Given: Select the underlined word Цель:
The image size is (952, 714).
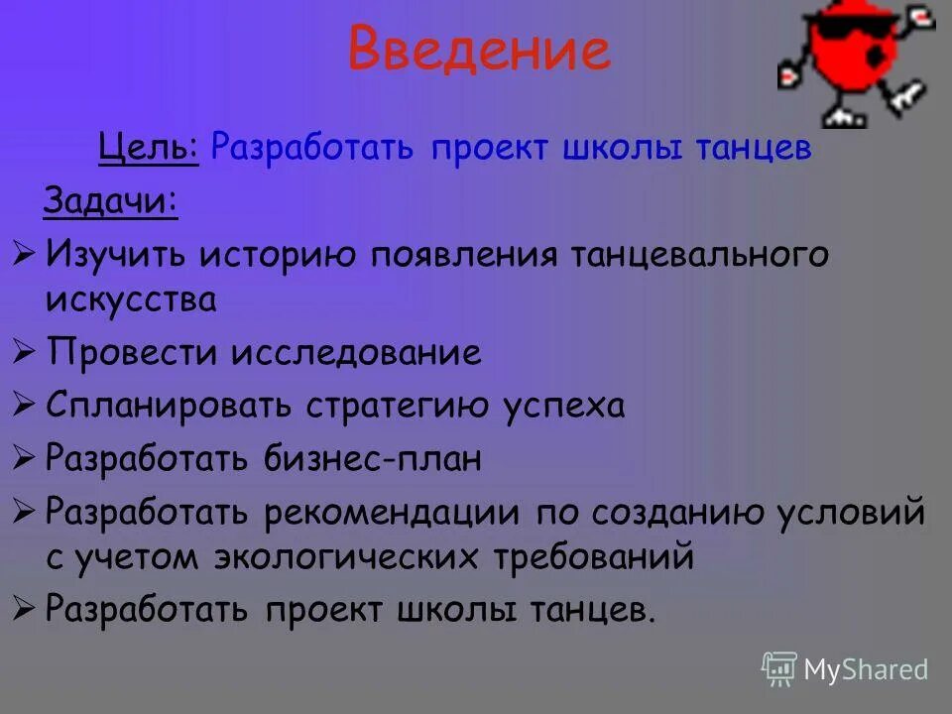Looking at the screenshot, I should click(149, 148).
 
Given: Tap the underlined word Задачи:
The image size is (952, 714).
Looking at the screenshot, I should click(110, 201).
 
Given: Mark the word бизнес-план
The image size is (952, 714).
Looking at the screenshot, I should click(373, 459).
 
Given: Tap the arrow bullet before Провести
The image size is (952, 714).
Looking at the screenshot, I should click(25, 353).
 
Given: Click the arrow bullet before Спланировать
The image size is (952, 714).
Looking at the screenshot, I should click(25, 406).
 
